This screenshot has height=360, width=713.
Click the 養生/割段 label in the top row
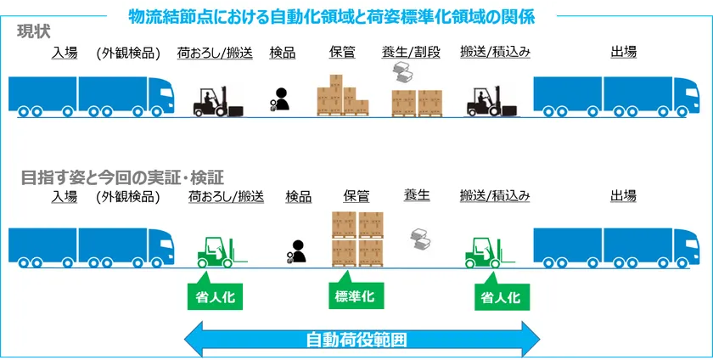pos(411,53)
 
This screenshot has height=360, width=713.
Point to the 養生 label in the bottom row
pos(416,196)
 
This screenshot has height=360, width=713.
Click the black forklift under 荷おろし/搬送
pos(218,101)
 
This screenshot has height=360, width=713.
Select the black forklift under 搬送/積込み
pos(491,101)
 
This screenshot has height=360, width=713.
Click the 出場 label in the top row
pos(623,53)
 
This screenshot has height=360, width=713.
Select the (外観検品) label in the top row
pos(128,53)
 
